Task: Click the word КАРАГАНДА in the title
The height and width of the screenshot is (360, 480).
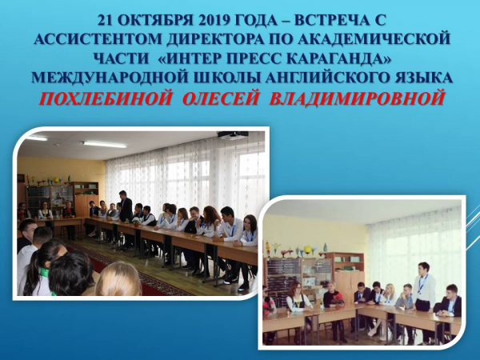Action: (337, 58)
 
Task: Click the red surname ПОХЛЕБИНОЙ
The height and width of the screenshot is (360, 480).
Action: (105, 98)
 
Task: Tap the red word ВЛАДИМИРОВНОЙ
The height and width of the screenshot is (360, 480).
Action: (357, 98)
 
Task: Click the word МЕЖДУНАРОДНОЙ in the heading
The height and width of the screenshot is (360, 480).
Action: (109, 78)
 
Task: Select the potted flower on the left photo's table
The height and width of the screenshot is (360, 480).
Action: (136, 222)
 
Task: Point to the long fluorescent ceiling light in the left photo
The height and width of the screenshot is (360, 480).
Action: (105, 144)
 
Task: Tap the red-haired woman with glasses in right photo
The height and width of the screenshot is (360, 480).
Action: (296, 297)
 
